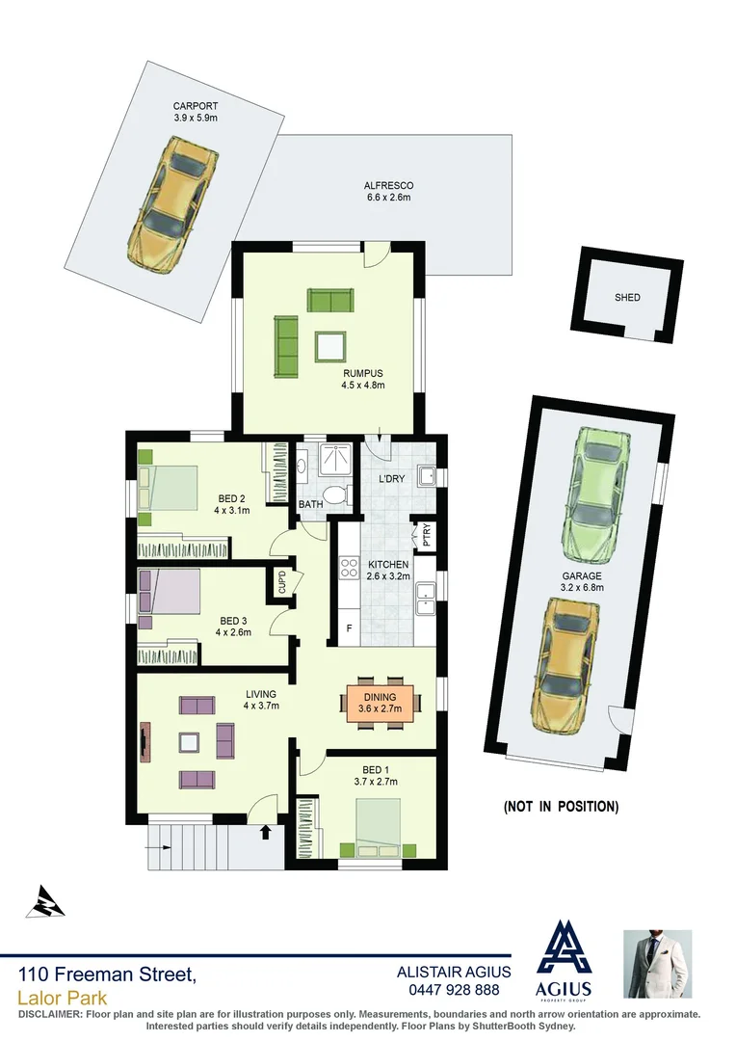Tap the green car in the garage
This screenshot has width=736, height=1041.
pos(597,497)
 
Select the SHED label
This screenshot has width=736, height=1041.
pos(627,298)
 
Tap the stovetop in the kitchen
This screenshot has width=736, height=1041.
pos(349,568)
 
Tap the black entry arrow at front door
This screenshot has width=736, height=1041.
pos(265,831)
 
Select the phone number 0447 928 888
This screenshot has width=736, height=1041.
pos(455,990)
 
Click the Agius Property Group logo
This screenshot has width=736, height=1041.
pos(565,960)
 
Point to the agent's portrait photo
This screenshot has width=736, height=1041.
pos(658,964)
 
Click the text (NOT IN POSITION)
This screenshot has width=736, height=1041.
pos(561,806)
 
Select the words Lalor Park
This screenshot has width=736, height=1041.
pos(63,998)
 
